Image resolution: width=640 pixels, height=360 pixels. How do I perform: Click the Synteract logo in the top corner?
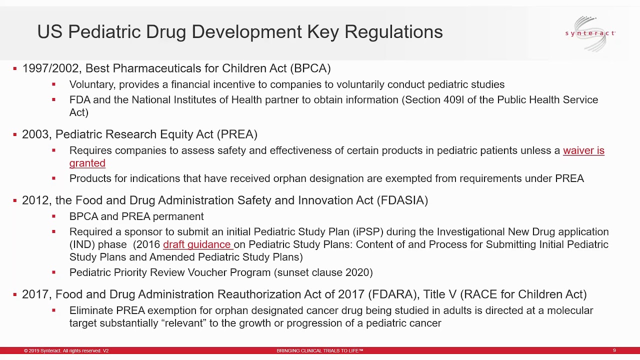pyautogui.click(x=590, y=33)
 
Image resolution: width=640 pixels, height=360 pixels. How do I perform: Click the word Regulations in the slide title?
pyautogui.click(x=393, y=32)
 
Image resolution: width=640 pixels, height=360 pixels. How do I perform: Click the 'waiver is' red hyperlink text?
pyautogui.click(x=583, y=150)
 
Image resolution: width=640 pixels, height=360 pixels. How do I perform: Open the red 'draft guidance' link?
pyautogui.click(x=197, y=244)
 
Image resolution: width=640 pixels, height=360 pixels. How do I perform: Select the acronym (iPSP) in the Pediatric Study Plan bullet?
pyautogui.click(x=368, y=232)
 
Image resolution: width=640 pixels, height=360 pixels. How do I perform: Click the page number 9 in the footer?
pyautogui.click(x=614, y=351)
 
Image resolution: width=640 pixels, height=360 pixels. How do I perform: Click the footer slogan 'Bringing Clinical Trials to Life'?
pyautogui.click(x=319, y=351)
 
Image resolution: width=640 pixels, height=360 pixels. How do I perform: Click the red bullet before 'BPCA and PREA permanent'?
pyautogui.click(x=54, y=216)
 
